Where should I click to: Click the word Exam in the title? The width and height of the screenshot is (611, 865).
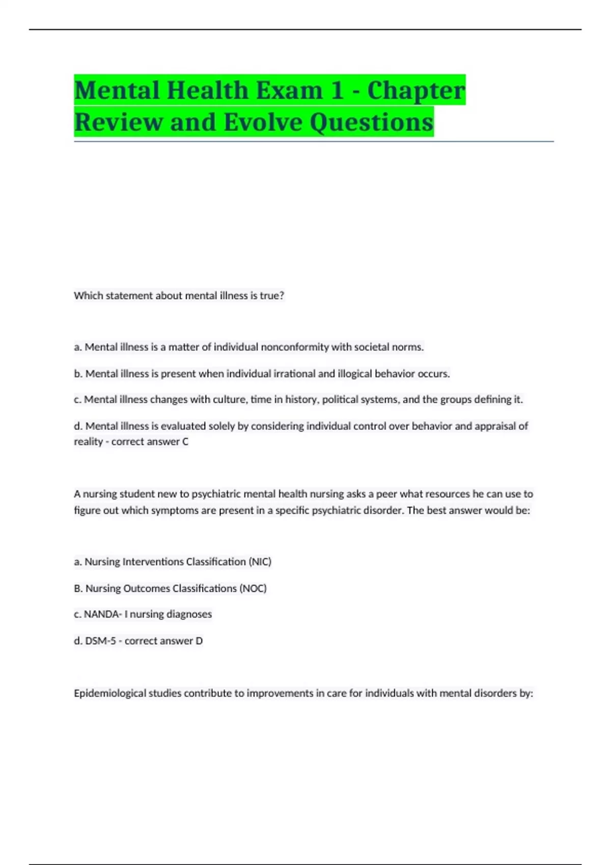[x=289, y=91]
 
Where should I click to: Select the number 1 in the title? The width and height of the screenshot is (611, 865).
[x=337, y=91]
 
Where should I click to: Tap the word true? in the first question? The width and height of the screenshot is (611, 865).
[x=272, y=296]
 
